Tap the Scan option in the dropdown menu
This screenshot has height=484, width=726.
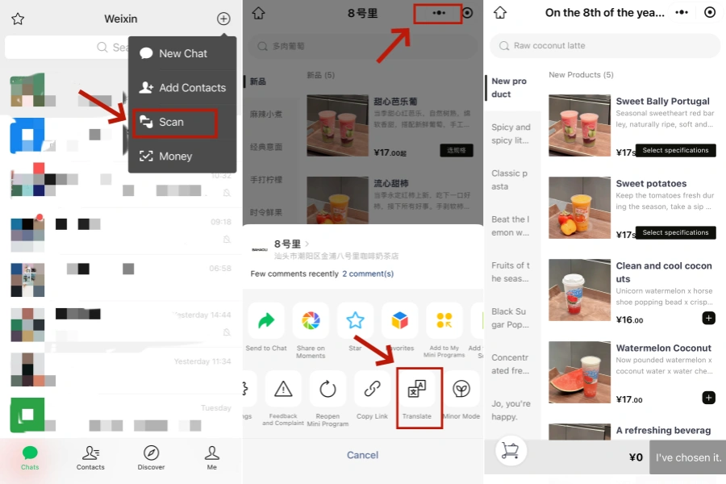coord(172,122)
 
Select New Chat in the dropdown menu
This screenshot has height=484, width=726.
coord(182,53)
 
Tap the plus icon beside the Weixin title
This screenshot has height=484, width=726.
coord(223,19)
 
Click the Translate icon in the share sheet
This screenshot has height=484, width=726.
coord(417,390)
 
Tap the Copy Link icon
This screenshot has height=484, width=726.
coord(372,390)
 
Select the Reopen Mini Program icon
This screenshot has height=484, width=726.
coord(328,390)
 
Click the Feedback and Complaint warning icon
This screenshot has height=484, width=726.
coord(283,390)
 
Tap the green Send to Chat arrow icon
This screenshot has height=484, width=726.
coord(266,321)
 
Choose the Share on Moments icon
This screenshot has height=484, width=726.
coord(311,321)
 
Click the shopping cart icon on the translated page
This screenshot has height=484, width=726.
coord(510,451)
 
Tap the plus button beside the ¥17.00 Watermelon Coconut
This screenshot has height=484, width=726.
coord(708,398)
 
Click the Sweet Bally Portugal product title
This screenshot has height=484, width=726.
coord(662,102)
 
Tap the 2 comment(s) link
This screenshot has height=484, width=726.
coord(368,273)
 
